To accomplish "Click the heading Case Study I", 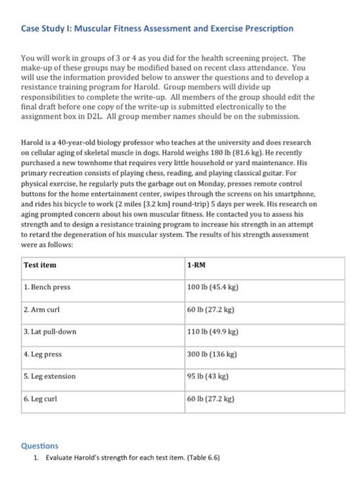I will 157,28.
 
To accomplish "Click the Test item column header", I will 40,266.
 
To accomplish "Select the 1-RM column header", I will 197,266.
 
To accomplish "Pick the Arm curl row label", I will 43,309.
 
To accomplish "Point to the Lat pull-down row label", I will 50,331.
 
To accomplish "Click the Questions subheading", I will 39,446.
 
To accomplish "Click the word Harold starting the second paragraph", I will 32,142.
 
